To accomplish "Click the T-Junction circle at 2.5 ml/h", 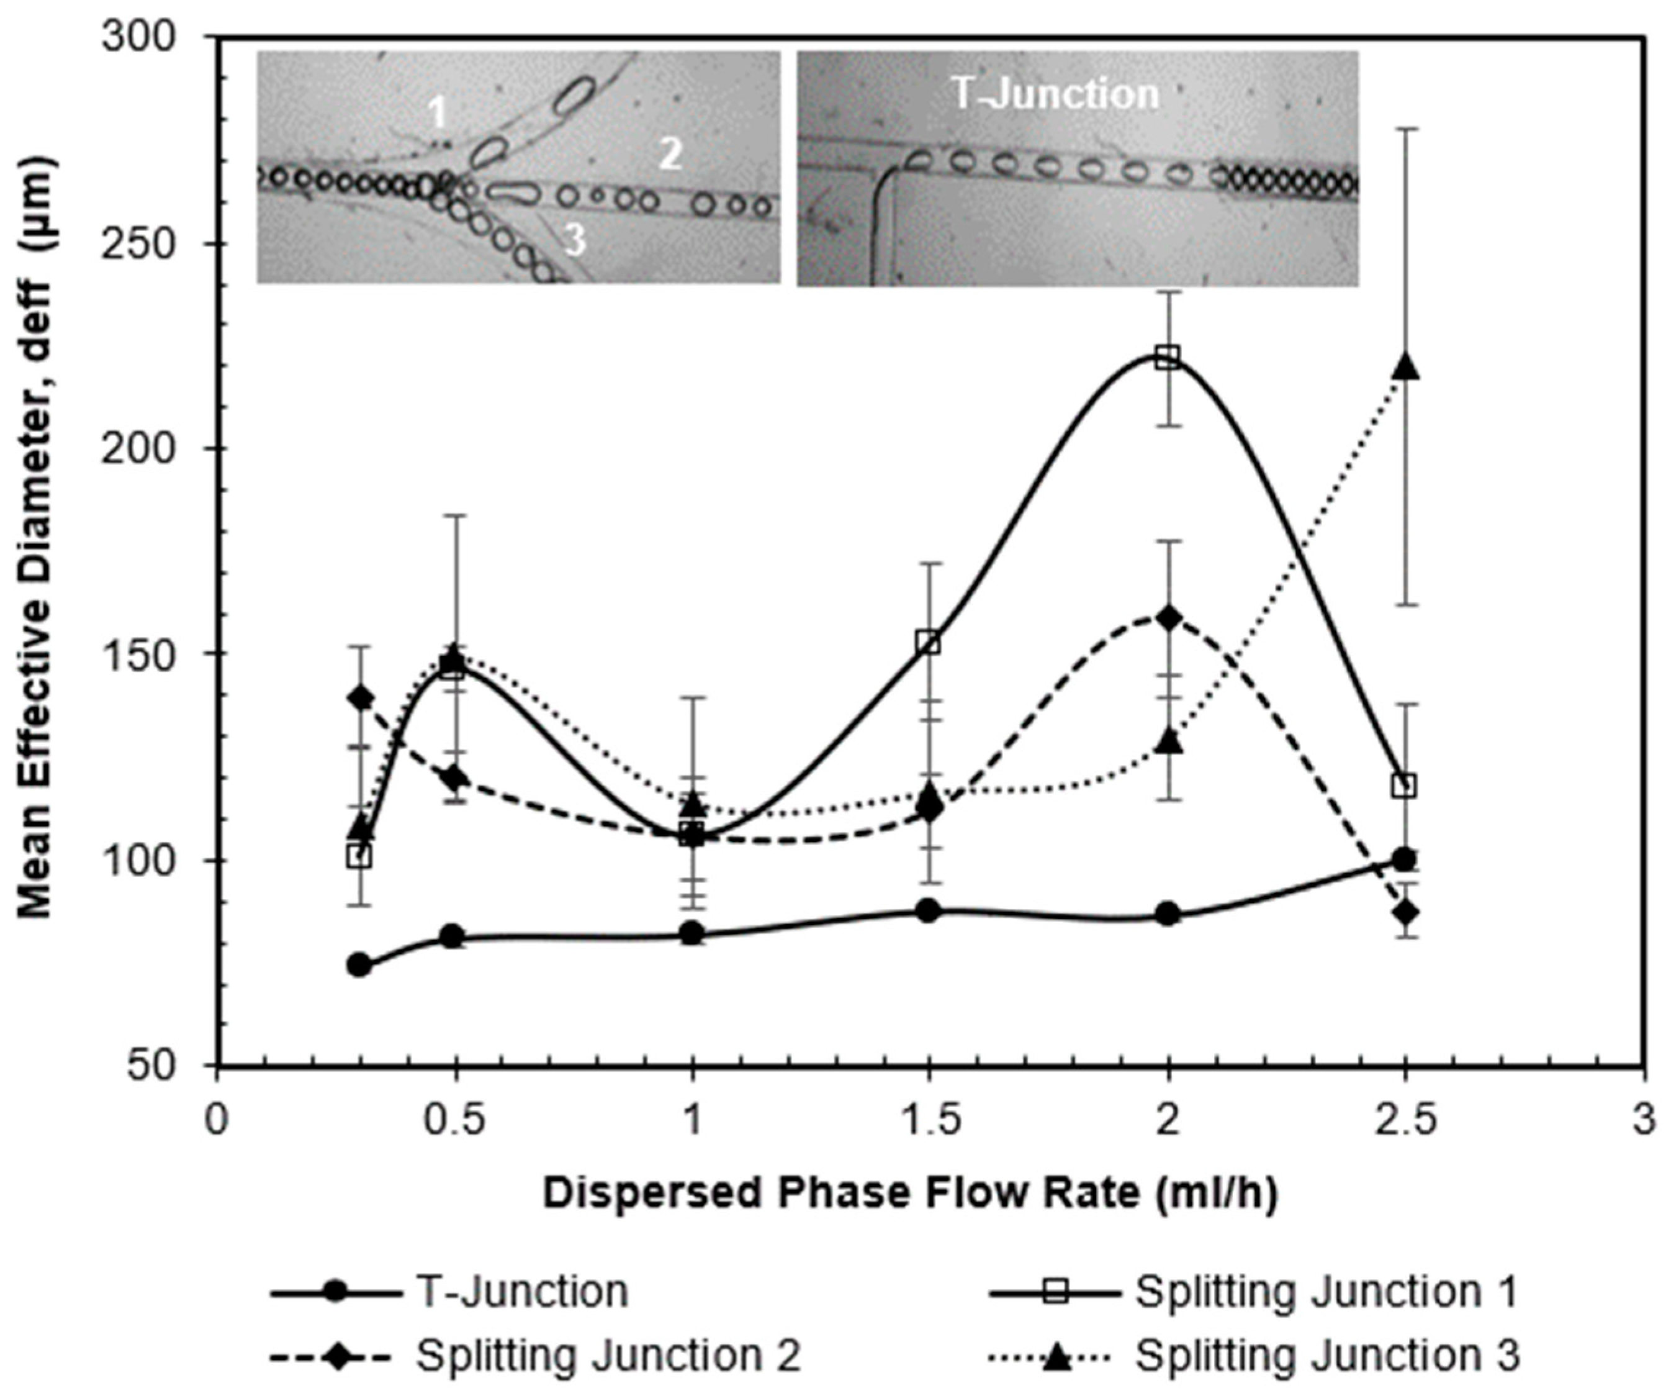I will tap(1405, 859).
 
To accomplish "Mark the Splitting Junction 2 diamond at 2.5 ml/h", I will tap(1405, 912).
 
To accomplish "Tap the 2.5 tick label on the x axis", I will tap(1405, 1122).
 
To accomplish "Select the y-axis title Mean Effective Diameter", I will tap(37, 537).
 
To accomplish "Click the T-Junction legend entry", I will tap(522, 1291).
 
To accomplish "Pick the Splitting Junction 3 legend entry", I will tap(1327, 1354).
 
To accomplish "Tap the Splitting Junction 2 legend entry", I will tap(608, 1354).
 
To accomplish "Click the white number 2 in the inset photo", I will tap(671, 153).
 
